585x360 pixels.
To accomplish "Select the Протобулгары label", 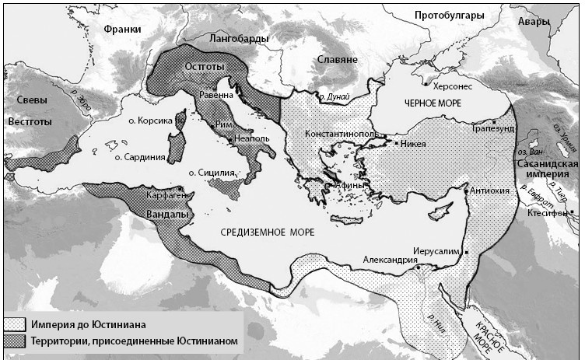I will pos(449,16).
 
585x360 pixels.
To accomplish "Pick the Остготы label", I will pos(205,67).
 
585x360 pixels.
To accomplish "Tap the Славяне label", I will pos(337,59).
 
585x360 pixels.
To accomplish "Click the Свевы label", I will pos(24,100).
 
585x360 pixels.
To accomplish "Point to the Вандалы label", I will pos(164,214).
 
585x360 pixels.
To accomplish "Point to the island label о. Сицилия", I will pos(212,173).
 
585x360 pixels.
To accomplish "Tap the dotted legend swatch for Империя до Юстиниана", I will pos(15,323).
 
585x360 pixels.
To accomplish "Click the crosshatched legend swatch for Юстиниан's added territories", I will pos(15,341).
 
